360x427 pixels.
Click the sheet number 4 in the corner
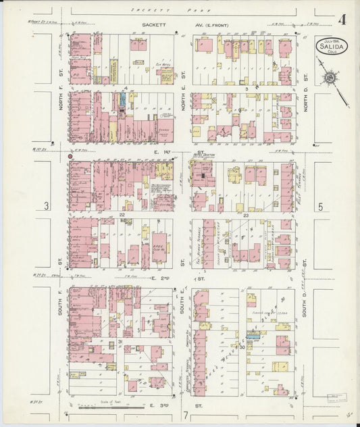342,19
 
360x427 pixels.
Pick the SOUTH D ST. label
305,302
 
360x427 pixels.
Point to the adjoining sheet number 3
46,205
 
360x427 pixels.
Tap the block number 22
123,216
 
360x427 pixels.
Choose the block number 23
247,216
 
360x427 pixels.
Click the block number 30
242,347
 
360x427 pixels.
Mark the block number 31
120,343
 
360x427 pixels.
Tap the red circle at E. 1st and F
70,156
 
